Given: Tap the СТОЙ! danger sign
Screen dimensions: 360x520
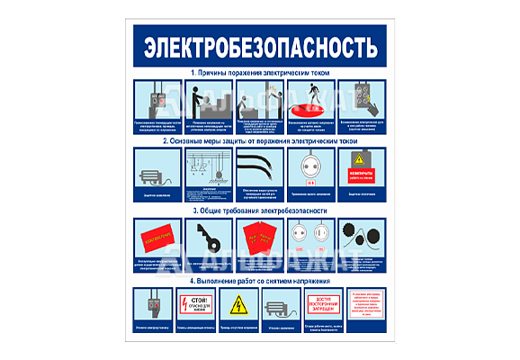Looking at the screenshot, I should click(x=195, y=305).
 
